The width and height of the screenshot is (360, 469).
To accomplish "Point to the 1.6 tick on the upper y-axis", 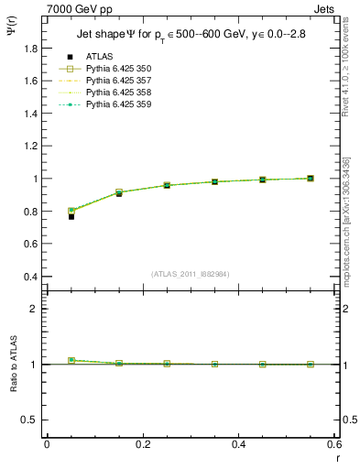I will click(x=32, y=81).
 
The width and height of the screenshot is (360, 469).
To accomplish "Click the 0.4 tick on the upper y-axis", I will click(x=32, y=277).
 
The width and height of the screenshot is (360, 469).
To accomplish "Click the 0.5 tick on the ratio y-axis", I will click(x=32, y=420).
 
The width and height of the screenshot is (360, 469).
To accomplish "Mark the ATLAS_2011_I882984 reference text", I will click(x=191, y=273).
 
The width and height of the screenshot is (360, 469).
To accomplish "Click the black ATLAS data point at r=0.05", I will click(x=71, y=216).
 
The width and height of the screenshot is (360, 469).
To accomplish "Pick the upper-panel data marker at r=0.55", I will click(x=310, y=178).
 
